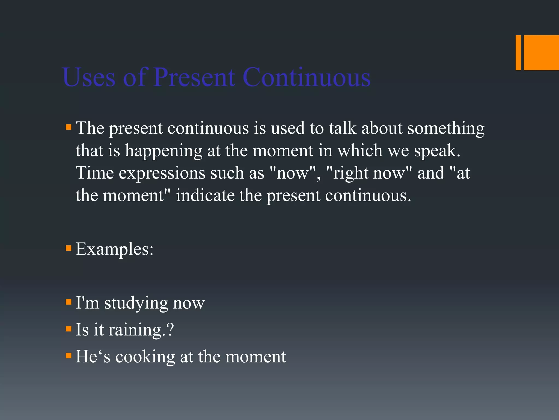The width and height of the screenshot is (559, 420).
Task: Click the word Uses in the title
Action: pyautogui.click(x=89, y=77)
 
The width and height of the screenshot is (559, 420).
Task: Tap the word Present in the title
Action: pyautogui.click(x=194, y=77)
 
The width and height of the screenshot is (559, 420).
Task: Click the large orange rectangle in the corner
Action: pyautogui.click(x=541, y=52)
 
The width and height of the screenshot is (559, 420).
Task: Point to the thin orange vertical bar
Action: pyautogui.click(x=518, y=52)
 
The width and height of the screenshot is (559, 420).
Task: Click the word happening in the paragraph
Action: pyautogui.click(x=163, y=151)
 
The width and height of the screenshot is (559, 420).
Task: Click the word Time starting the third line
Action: pyautogui.click(x=95, y=173)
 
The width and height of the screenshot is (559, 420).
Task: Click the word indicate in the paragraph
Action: pyautogui.click(x=205, y=196)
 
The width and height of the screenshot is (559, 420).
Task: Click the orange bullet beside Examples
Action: pyautogui.click(x=69, y=248)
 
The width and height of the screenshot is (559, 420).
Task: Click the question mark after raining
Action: pyautogui.click(x=170, y=329)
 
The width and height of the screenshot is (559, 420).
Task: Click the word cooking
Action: pyautogui.click(x=145, y=357)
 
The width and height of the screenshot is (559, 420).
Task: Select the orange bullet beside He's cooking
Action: pyautogui.click(x=69, y=356)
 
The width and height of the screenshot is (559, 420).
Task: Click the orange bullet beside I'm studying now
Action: pyautogui.click(x=69, y=302)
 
